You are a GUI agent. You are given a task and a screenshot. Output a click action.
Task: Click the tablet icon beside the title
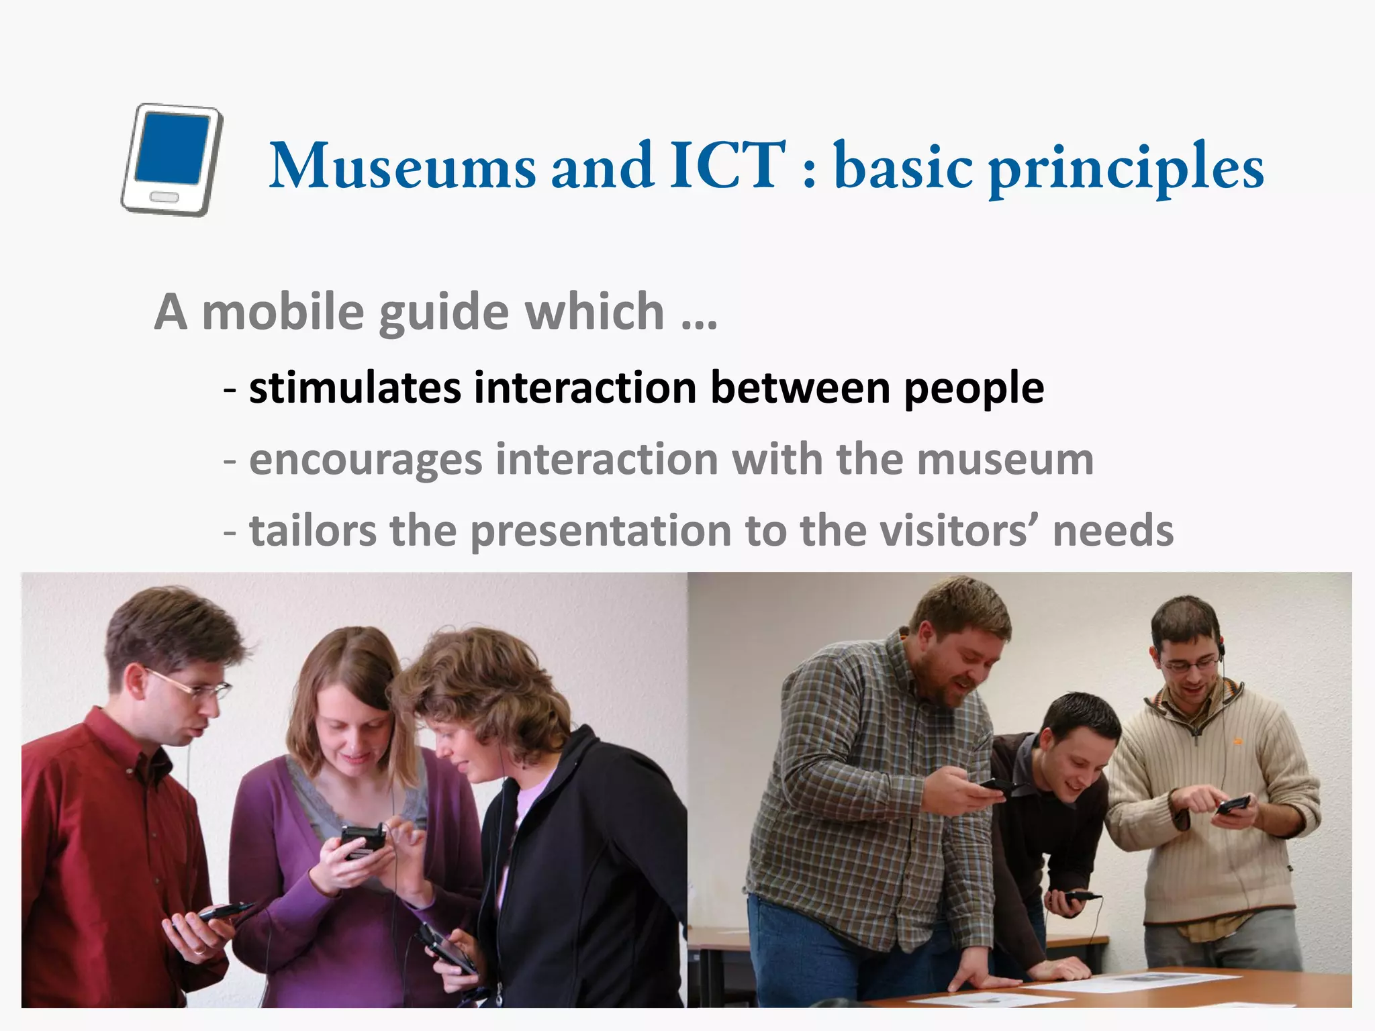172,160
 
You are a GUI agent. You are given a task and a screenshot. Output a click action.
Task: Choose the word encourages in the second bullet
365,460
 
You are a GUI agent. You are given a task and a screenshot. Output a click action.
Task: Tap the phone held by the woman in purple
361,840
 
